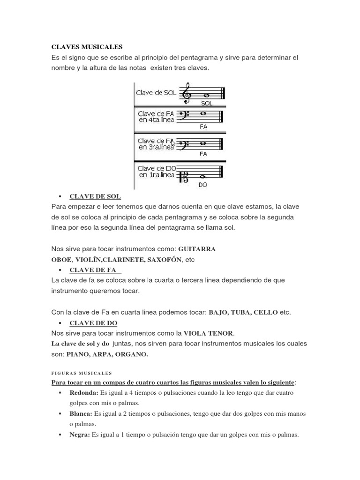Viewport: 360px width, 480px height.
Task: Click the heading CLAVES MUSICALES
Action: tap(87, 47)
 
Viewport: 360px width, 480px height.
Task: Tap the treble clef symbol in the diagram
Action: tap(187, 93)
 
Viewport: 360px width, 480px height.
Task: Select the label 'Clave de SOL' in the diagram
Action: tap(156, 93)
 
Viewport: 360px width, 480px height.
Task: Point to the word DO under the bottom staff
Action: tap(203, 185)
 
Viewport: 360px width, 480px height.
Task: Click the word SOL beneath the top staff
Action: tap(206, 104)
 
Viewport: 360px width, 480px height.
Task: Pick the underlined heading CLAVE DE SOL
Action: tap(95, 196)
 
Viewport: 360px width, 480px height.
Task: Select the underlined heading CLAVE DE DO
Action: tap(93, 323)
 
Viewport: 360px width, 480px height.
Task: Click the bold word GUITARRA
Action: tap(196, 249)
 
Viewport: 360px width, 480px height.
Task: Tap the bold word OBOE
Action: tap(61, 259)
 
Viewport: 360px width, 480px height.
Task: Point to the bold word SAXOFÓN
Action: tap(161, 259)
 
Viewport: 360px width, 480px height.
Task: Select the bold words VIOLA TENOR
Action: tap(208, 333)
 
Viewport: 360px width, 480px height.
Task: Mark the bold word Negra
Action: tap(80, 435)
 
